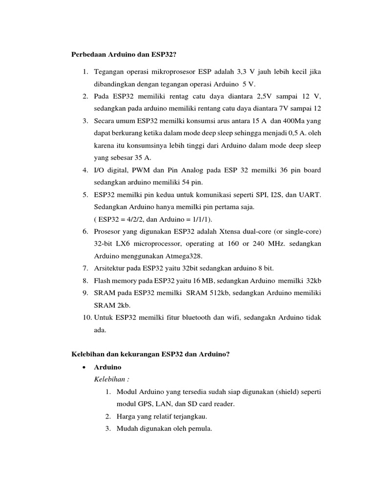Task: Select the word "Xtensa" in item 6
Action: (x=232, y=231)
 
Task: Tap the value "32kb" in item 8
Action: (x=313, y=280)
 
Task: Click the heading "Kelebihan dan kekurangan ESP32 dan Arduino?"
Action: (x=150, y=354)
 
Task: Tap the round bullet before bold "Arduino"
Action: (x=85, y=367)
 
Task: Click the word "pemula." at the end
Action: (x=199, y=429)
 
